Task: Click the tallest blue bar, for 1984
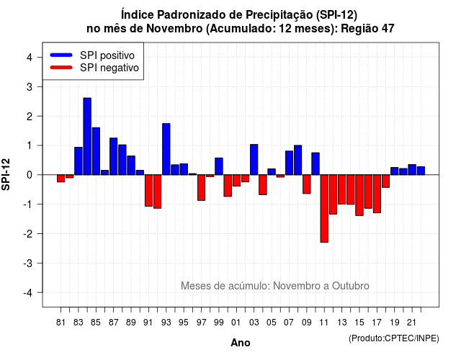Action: tap(87, 136)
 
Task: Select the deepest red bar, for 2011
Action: tap(324, 209)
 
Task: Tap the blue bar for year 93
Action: tap(166, 149)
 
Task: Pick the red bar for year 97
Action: tap(202, 188)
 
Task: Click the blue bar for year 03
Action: tap(254, 160)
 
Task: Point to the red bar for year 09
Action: tap(307, 184)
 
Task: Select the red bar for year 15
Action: tap(359, 195)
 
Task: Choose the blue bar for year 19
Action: tap(395, 171)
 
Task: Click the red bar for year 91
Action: tap(149, 190)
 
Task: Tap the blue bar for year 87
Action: tap(114, 156)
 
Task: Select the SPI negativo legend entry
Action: tap(94, 68)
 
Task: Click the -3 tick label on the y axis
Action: tap(27, 263)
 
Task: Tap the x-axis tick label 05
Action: tap(272, 323)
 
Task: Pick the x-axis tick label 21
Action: tap(412, 323)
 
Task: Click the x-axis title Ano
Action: tap(241, 343)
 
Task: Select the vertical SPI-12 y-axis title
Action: tap(6, 174)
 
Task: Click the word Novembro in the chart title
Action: tap(174, 29)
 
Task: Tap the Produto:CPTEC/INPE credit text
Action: tap(394, 338)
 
